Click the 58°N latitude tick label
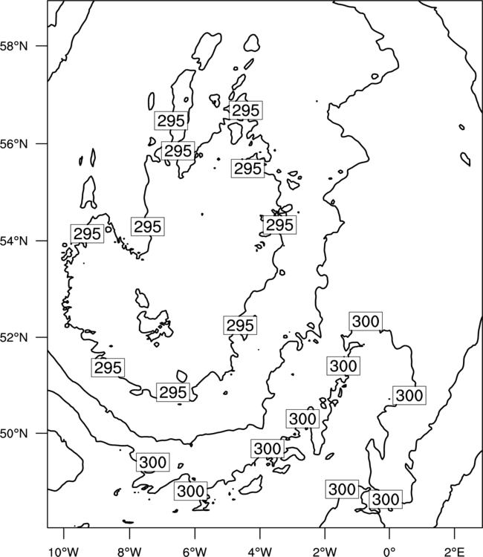13,46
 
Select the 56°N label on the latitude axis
13,144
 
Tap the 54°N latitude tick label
13,241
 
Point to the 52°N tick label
13,337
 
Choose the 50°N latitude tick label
13,434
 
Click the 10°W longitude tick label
64,552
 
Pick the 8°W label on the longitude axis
129,552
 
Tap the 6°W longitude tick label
195,552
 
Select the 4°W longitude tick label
260,552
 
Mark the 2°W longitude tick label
325,552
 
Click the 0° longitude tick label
389,552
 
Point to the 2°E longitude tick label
455,552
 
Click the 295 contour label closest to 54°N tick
87,234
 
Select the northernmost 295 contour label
246,110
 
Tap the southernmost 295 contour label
173,392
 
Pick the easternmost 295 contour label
279,225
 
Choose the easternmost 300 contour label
409,395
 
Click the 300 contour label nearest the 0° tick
386,500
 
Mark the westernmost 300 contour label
153,462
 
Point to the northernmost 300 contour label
366,322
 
